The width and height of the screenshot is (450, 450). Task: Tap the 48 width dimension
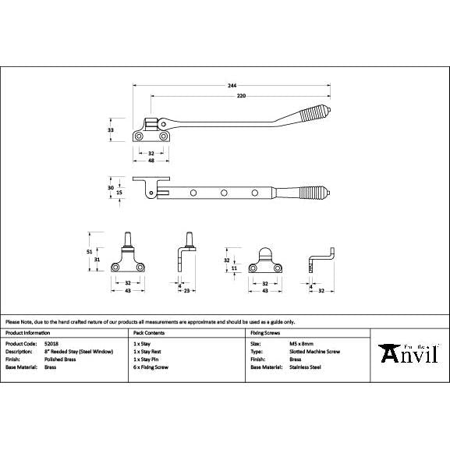click(150, 161)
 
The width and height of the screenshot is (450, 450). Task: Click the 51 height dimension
click(90, 251)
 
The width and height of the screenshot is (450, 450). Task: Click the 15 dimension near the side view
click(119, 193)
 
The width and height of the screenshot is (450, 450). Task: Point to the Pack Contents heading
click(148, 331)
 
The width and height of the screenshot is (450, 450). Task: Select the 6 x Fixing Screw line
click(151, 366)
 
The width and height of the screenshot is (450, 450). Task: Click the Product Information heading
click(30, 331)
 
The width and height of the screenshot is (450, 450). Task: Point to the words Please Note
click(17, 321)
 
